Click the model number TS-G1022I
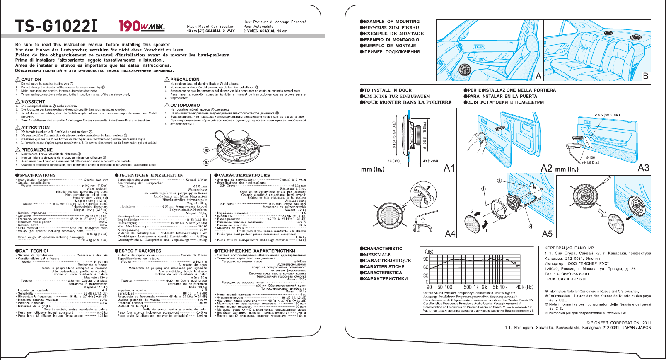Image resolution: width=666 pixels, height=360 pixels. pos(56,27)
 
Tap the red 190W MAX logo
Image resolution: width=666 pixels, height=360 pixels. pos(141,27)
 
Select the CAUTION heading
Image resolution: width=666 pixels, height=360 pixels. pos(29,79)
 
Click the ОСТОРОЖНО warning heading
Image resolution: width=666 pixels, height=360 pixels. pos(182,105)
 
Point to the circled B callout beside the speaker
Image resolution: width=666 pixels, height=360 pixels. pos(206,150)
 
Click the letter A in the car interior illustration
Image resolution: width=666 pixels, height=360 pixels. pos(538,76)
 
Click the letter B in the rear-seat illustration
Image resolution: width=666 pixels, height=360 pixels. pos(645,76)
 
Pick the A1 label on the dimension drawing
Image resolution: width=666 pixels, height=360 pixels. pos(449,168)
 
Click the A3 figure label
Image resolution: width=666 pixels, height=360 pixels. pos(643,168)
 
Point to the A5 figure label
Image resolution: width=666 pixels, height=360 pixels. pos(547,234)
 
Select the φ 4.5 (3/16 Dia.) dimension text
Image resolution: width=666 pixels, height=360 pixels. pos(607,115)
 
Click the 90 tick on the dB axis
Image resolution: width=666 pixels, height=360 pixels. pos(426,259)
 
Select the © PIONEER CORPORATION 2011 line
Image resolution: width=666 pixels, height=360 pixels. pos(618,323)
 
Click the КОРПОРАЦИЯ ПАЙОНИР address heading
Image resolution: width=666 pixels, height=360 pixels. pos(569,248)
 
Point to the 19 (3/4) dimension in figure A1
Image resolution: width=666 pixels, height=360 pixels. pos(393,161)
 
